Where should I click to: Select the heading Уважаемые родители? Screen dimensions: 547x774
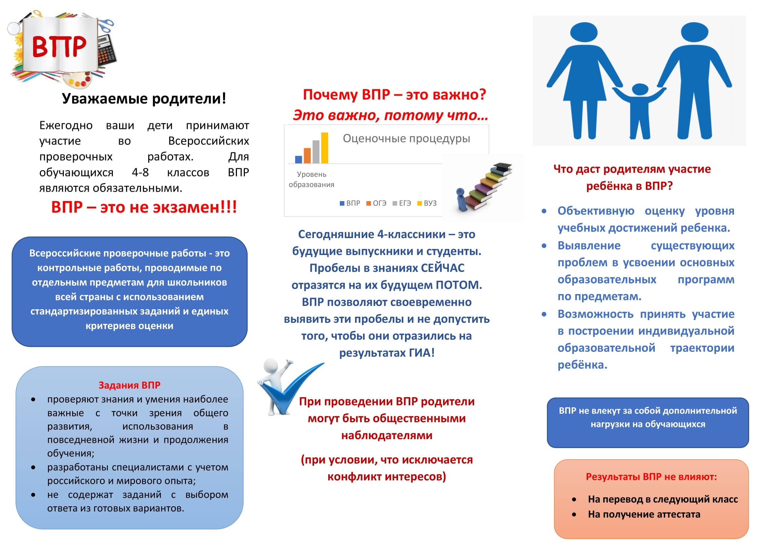(x=144, y=98)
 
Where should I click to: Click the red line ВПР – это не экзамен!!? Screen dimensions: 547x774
(x=144, y=207)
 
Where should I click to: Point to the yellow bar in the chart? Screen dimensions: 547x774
(x=325, y=148)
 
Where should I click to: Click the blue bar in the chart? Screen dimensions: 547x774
(x=298, y=159)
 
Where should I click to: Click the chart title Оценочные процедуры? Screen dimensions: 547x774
(x=406, y=139)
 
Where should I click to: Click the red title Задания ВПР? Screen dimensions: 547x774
(x=129, y=385)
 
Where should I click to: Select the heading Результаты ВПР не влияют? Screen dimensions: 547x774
(x=651, y=477)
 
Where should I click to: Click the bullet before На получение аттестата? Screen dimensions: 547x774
(x=574, y=514)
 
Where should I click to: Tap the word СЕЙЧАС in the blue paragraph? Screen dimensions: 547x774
(x=442, y=268)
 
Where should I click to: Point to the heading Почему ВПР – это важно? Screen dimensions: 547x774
(x=394, y=95)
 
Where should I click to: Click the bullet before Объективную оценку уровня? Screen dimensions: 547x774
(x=544, y=211)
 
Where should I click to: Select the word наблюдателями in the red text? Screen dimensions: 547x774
(x=387, y=435)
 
